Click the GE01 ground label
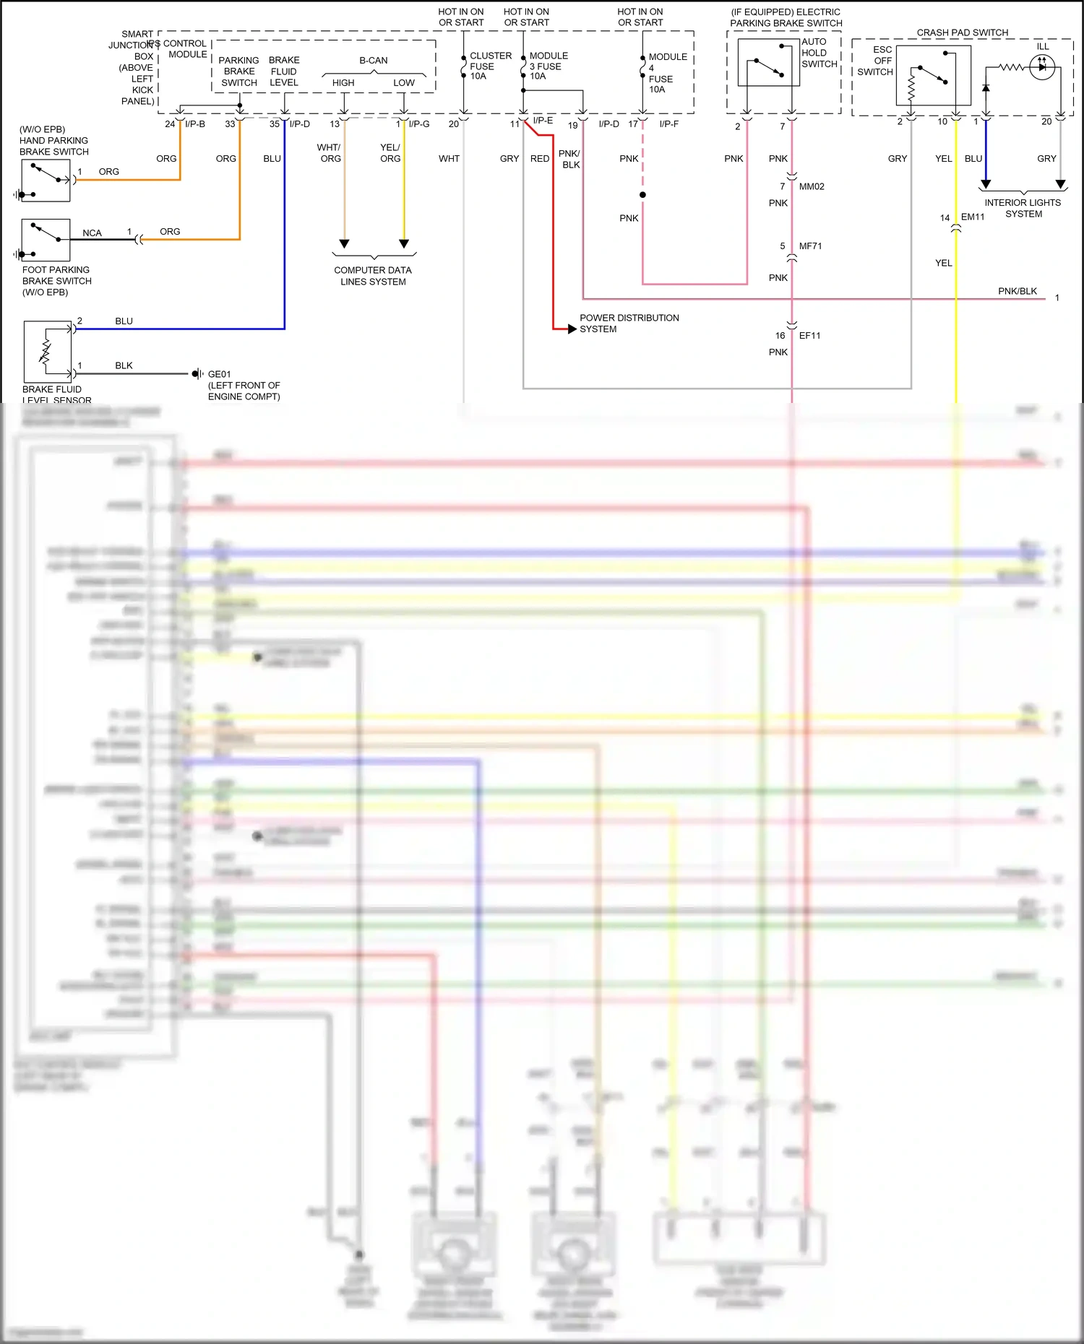point(219,374)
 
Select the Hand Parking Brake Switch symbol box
point(46,181)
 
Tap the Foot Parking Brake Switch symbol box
point(46,240)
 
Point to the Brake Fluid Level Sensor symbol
point(48,352)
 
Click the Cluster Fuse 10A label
point(490,66)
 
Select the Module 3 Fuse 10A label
point(548,66)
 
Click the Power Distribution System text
point(628,323)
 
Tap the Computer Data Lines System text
point(373,276)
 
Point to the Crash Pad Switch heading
point(962,32)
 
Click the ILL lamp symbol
point(1041,67)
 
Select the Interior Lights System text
point(1023,208)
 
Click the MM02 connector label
point(812,186)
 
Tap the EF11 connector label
point(809,336)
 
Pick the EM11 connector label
point(972,217)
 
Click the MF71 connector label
point(810,246)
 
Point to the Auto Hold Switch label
point(819,53)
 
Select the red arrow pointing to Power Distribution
point(572,329)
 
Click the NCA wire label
point(92,233)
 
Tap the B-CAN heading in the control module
point(373,61)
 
